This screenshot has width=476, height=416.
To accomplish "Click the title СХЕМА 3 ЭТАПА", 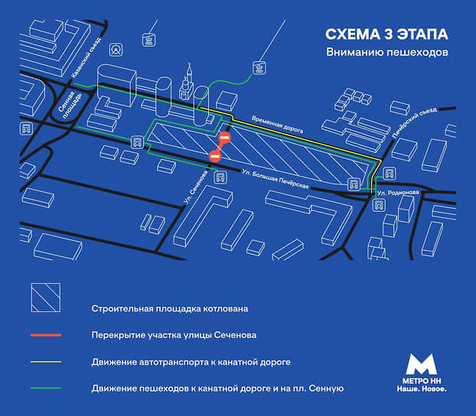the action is click(386, 34).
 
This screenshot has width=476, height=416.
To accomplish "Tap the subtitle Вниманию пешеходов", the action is click(387, 52).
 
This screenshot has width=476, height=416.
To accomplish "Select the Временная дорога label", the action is click(277, 124).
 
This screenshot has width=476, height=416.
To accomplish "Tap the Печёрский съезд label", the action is click(414, 122).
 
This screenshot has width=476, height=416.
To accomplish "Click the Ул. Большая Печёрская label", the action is click(275, 179).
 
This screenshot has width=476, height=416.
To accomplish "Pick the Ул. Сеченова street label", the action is click(196, 187).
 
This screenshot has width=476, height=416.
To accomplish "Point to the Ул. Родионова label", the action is click(398, 193).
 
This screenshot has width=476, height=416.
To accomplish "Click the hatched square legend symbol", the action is click(46, 297).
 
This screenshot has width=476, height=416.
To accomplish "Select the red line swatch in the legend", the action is click(46, 335).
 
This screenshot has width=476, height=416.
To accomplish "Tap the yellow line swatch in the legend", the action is click(46, 362).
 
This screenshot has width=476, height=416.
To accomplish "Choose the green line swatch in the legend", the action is click(46, 388).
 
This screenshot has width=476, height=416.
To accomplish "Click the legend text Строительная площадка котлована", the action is click(170, 309).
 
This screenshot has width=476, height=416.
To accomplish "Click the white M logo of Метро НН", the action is click(422, 364).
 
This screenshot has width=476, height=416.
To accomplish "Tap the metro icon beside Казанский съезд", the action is click(116, 50).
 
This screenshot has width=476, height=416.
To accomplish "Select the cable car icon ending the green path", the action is click(259, 67).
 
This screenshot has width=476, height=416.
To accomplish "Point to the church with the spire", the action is click(187, 83).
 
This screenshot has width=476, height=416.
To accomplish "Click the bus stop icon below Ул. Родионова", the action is click(379, 205).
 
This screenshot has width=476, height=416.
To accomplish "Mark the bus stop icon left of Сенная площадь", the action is click(26, 128).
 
